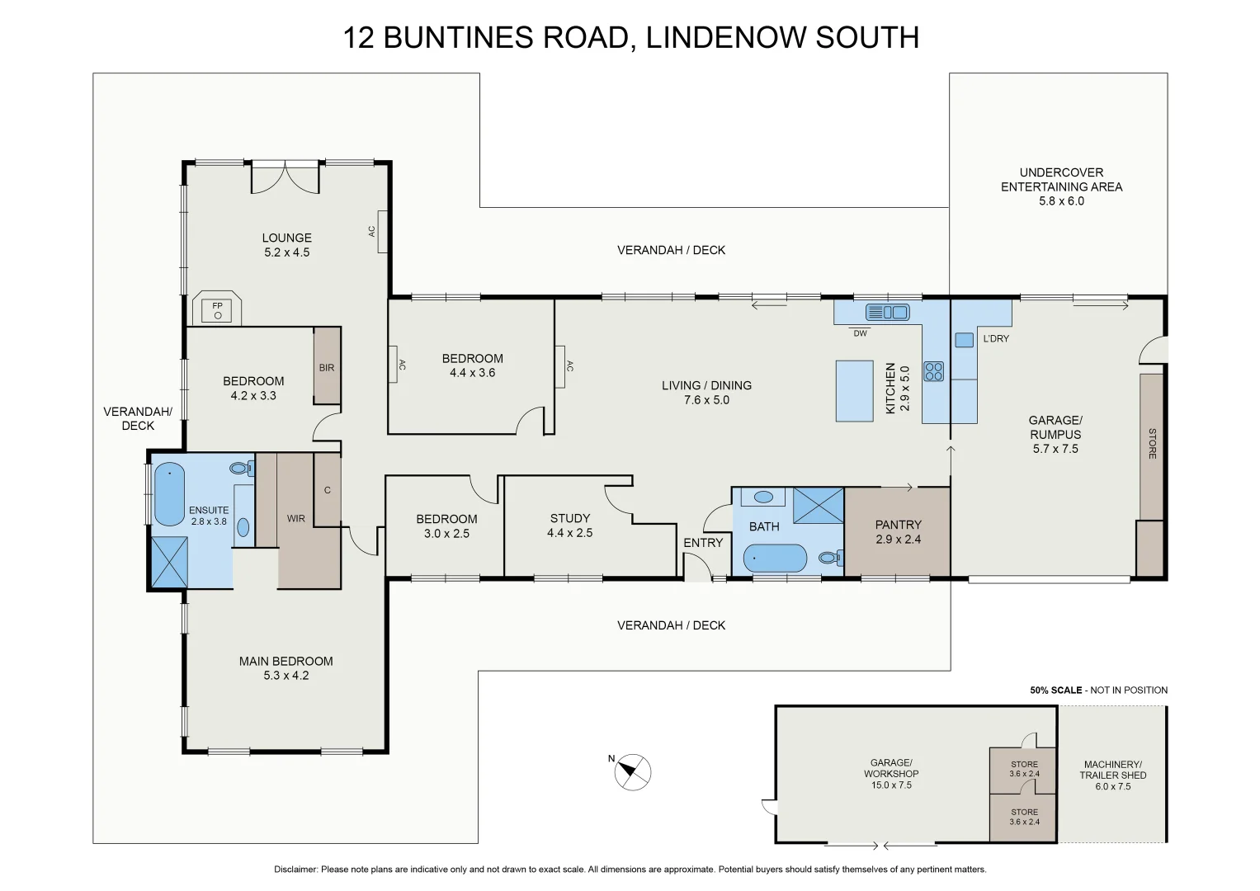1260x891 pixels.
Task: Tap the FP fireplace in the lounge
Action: click(x=218, y=310)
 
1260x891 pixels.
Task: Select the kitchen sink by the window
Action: click(x=887, y=312)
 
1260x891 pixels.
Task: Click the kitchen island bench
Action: click(x=854, y=390)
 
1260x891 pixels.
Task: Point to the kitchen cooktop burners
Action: click(x=933, y=371)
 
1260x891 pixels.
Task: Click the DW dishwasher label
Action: click(x=860, y=333)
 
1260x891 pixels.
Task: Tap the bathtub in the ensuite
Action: click(x=169, y=494)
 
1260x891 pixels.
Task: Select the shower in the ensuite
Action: click(x=169, y=562)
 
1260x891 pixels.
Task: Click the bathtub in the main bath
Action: click(x=775, y=559)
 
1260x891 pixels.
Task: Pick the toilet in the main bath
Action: click(x=828, y=558)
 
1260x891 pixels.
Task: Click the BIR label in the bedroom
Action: click(x=327, y=367)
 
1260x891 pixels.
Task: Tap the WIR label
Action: click(x=295, y=518)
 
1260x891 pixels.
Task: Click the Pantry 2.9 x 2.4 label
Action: click(x=898, y=531)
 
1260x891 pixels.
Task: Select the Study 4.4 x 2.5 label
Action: click(x=569, y=526)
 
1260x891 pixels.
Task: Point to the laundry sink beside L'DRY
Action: click(x=964, y=339)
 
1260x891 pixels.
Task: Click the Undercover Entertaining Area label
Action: click(x=1061, y=186)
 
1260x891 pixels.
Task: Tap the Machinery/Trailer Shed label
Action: click(x=1112, y=775)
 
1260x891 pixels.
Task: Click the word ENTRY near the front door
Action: click(x=702, y=542)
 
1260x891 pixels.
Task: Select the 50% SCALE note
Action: click(x=1055, y=690)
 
